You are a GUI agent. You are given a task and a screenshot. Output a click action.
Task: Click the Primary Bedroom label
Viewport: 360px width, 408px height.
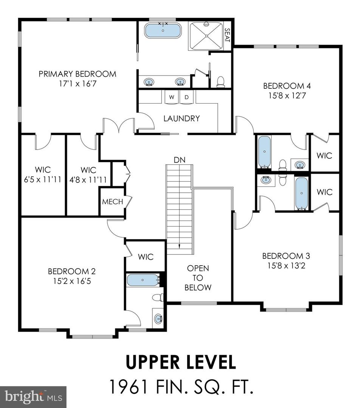78,74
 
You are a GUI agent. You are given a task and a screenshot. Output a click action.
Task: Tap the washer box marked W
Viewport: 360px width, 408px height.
172,97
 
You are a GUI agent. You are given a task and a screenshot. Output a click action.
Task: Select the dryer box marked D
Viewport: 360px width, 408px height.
186,97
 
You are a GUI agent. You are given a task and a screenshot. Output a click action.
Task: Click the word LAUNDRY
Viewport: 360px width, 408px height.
182,118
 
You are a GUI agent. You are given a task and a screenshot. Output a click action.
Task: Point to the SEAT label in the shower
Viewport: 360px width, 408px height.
227,36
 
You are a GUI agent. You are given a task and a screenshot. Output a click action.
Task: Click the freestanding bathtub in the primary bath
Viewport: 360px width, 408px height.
163,30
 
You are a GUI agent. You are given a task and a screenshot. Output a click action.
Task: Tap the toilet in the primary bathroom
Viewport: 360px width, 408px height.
221,81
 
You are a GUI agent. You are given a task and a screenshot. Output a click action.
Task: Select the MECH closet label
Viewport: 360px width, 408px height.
112,202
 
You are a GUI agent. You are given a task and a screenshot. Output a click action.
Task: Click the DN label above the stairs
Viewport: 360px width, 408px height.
180,160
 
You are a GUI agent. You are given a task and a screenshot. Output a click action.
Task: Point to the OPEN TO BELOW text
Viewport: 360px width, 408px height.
198,278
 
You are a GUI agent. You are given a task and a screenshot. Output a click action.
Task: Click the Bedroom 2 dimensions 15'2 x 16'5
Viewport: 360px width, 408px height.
71,281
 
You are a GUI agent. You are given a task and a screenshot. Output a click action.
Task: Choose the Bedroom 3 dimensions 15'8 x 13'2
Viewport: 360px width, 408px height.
286,266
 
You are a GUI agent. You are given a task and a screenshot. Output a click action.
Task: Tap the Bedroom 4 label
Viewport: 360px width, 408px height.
284,86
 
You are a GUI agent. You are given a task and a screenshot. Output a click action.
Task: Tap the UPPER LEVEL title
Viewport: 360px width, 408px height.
181,362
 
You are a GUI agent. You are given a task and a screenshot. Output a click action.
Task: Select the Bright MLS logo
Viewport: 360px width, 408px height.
33,396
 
